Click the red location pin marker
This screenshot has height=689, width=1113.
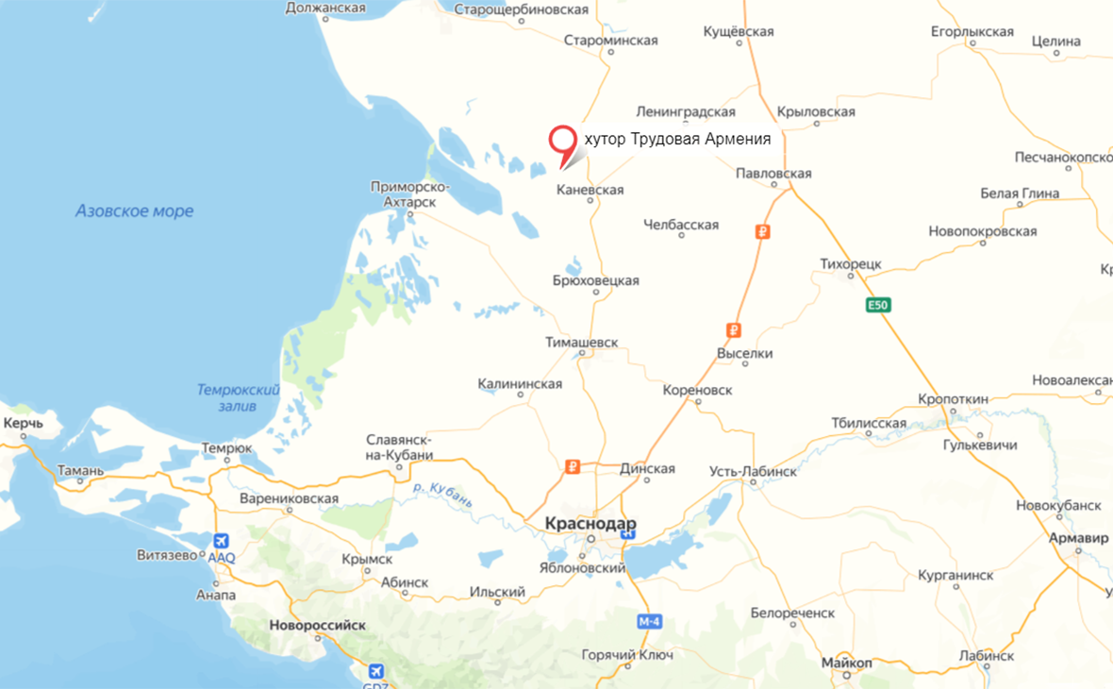563,143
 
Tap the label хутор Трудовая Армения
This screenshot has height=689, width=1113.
677,140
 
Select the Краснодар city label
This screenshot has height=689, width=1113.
590,524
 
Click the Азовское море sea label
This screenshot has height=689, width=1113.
135,211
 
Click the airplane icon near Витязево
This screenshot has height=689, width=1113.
221,541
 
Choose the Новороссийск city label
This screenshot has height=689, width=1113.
317,625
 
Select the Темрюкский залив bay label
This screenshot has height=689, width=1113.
239,396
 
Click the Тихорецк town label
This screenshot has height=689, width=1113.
852,263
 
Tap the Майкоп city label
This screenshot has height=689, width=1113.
846,663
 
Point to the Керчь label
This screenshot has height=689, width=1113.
24,423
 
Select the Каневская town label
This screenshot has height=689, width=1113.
590,190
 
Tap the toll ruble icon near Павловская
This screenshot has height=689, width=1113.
763,231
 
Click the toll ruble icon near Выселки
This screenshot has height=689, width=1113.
733,329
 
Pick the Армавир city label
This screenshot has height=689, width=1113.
1078,538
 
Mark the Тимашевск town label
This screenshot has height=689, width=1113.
582,343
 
